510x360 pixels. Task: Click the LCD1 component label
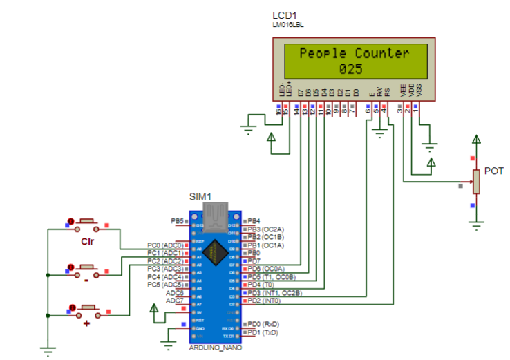point(284,15)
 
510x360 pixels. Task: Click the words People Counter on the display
point(354,54)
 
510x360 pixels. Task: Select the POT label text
point(493,171)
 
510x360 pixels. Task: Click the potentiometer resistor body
point(475,182)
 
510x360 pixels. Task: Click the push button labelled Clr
point(87,224)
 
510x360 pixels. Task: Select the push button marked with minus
point(87,267)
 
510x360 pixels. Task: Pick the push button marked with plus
point(87,308)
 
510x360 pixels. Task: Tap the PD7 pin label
point(254,261)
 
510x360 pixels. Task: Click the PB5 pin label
point(177,221)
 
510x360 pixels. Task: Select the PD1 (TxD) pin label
point(263,332)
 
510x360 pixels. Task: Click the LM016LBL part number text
point(287,25)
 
